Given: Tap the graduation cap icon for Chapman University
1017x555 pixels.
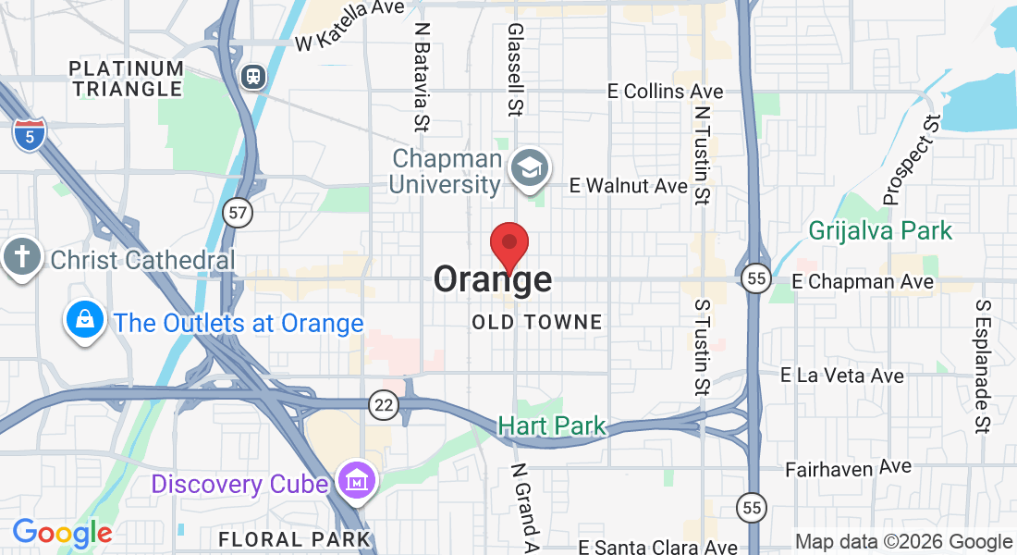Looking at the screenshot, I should click(530, 169).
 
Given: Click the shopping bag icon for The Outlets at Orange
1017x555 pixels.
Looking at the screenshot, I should click(85, 320).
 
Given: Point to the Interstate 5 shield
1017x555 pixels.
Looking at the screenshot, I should click(30, 134).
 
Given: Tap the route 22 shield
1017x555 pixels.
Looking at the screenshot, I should click(382, 403).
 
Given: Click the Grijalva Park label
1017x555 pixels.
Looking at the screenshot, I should click(879, 230).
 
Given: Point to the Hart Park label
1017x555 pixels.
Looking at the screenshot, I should click(552, 425).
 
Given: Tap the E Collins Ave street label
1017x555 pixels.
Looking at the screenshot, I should click(666, 91).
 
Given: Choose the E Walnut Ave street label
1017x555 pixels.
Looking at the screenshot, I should click(629, 186).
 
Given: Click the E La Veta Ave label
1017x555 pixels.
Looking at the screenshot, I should click(842, 376).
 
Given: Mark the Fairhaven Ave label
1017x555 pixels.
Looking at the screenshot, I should click(848, 469).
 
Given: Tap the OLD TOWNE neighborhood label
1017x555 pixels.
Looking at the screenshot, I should click(537, 323).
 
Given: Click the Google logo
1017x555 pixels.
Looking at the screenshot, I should click(62, 533).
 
